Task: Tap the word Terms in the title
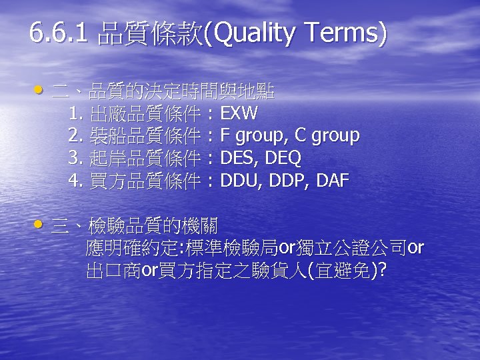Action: click(341, 33)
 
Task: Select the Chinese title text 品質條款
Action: click(150, 34)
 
